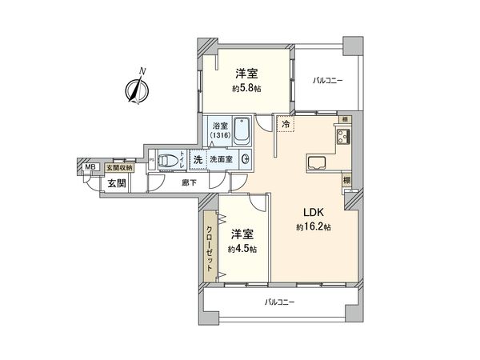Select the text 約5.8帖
point(245,88)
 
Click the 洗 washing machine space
point(197,159)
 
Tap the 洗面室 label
point(220,159)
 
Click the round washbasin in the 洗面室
point(245,159)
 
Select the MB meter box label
point(90,167)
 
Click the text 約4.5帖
point(242,250)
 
